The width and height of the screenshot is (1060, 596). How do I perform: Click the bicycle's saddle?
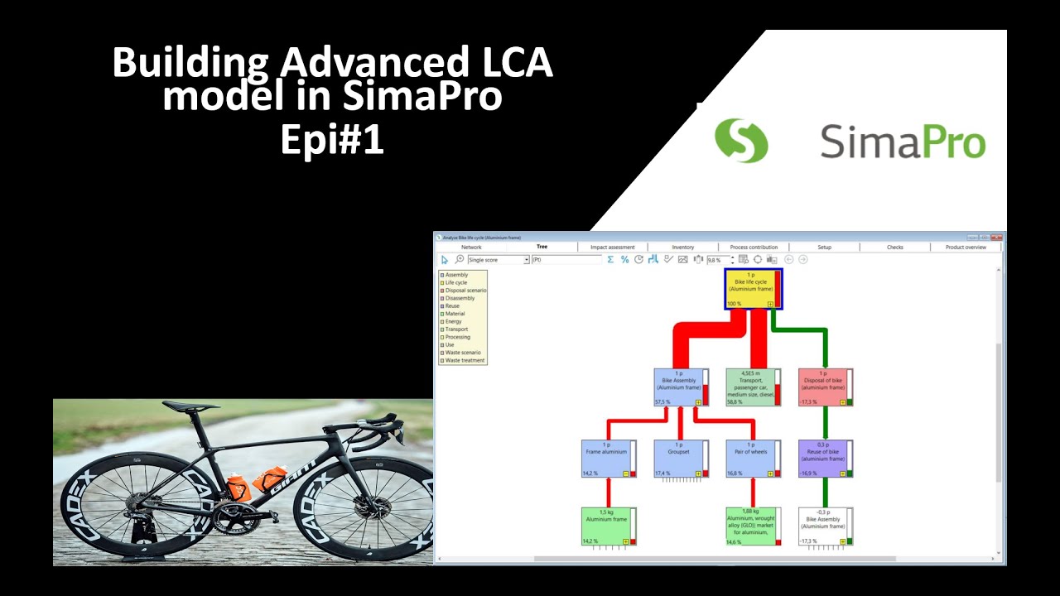[191, 406]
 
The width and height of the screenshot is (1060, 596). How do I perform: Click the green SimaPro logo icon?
[741, 140]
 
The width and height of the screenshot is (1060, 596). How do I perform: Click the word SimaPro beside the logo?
[903, 142]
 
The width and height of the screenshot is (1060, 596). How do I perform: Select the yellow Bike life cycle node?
[752, 289]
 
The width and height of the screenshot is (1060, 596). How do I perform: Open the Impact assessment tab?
[612, 247]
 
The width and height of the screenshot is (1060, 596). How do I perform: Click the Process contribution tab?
[754, 247]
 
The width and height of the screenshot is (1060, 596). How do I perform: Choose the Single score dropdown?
[498, 260]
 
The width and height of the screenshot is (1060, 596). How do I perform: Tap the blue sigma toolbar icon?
[611, 260]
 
